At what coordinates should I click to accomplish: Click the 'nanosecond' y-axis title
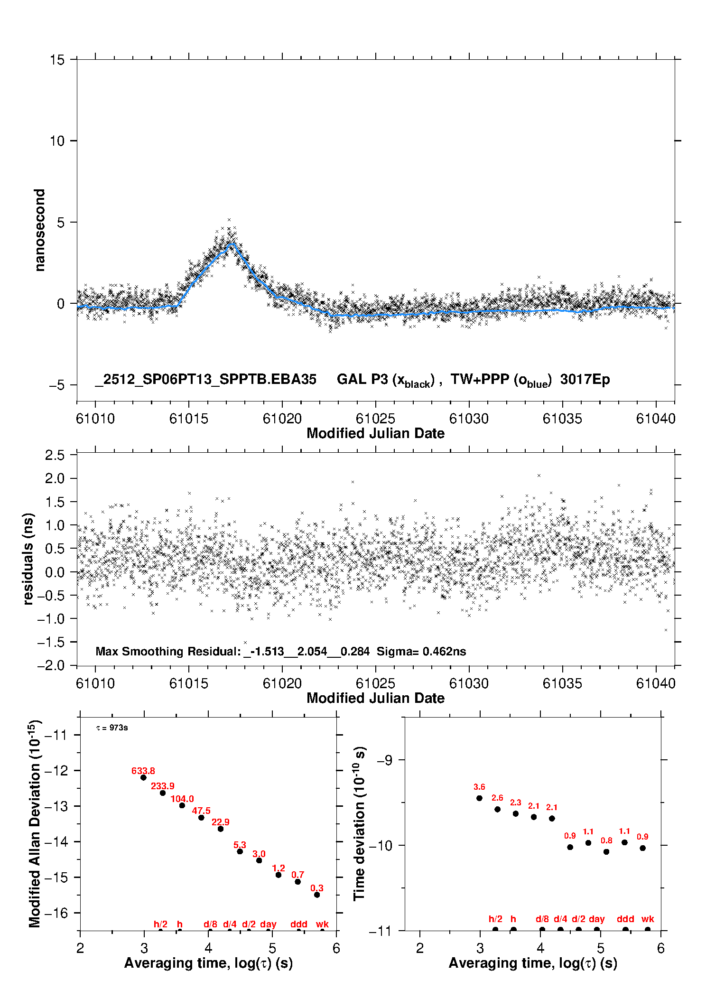pos(40,230)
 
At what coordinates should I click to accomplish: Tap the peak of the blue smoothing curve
pos(232,243)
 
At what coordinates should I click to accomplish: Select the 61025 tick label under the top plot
pos(375,419)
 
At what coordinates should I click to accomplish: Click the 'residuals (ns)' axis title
pos(28,559)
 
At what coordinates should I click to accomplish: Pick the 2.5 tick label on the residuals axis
pos(55,455)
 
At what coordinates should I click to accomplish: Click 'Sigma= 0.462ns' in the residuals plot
pos(421,651)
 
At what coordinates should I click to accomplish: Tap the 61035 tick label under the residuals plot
pos(562,683)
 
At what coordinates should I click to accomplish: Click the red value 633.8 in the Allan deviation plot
pos(143,771)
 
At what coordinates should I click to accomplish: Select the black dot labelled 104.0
pos(182,805)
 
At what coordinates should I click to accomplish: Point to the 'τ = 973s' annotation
pos(112,728)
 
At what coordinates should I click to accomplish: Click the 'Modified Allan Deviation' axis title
pos(35,823)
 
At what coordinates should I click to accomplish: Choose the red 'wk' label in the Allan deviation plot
pos(322,924)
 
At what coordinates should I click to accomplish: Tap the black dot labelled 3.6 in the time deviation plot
pos(479,798)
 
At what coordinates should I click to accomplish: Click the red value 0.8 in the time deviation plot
pos(606,840)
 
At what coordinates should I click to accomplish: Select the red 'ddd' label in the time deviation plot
pos(625,919)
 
